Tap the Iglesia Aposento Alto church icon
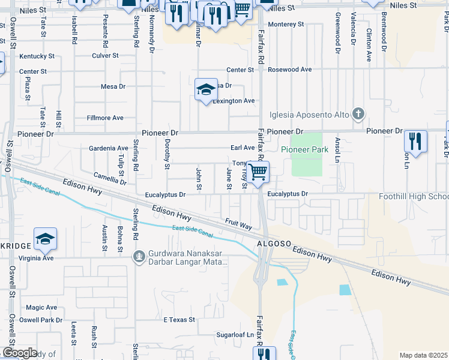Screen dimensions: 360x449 click(x=358, y=113)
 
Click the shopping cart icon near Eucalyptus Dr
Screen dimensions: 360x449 click(x=258, y=172)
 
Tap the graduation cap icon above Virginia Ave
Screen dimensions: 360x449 click(x=45, y=239)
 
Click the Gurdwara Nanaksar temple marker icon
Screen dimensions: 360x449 click(x=139, y=257)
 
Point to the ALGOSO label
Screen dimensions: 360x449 click(x=274, y=244)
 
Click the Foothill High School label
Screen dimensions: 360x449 click(x=414, y=197)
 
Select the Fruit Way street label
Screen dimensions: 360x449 click(x=238, y=223)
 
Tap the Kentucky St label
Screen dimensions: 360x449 click(x=37, y=56)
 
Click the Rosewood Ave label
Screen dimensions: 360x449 click(x=290, y=70)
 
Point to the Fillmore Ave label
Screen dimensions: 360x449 click(x=105, y=118)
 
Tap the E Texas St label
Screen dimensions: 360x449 click(x=179, y=320)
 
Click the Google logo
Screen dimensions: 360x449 click(x=20, y=353)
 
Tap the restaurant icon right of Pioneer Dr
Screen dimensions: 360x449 click(x=415, y=142)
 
